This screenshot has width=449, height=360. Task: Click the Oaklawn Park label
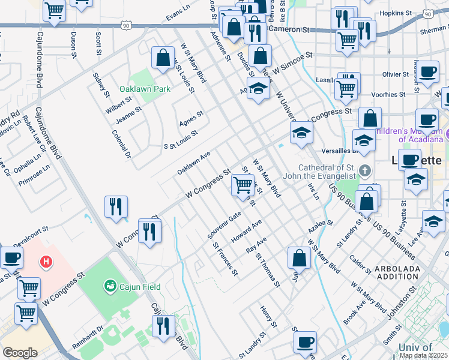tap(144, 89)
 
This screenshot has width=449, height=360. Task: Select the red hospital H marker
tap(46, 262)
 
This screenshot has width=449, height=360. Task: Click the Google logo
tap(19, 352)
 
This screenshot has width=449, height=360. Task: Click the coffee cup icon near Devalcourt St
tap(11, 258)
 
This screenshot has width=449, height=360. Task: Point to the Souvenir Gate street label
tap(224, 223)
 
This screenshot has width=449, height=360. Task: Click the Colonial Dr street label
tap(121, 144)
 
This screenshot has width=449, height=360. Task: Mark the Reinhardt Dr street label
tap(88, 345)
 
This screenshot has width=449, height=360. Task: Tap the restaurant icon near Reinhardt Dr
tap(163, 327)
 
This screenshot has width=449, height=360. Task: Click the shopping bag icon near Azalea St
tap(299, 259)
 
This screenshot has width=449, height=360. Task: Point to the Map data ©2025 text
tap(424, 355)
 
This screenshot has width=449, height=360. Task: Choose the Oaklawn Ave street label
tap(193, 163)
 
